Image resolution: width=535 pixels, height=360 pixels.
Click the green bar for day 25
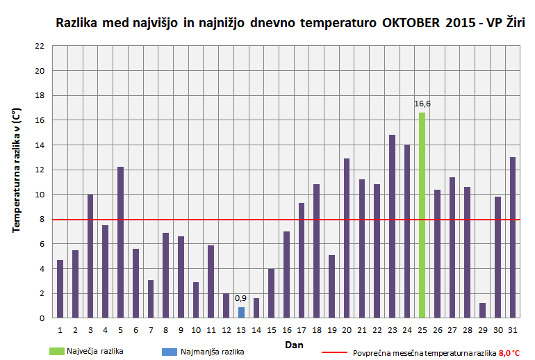pos(422,215)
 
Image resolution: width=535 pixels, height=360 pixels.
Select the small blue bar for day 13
pos(241,313)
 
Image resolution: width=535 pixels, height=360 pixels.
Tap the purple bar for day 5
pos(120,243)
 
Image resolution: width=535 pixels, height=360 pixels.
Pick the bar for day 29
pos(482,311)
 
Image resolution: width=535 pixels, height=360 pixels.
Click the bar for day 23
pos(392,227)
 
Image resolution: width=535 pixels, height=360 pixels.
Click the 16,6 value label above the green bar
pos(422,104)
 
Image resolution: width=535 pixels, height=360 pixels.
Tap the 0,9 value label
pos(241,298)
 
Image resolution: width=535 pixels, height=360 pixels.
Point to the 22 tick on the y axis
pos(40,46)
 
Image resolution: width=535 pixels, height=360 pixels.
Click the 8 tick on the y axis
pos(42,220)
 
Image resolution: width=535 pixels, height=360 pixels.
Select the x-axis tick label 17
pos(302,329)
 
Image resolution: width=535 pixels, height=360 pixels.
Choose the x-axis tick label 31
pos(513,329)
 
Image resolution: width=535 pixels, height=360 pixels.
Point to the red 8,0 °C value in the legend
pos(509,353)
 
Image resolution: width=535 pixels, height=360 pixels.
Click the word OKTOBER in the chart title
pos(411,24)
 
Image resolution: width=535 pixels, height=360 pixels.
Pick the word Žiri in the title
pos(513,23)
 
